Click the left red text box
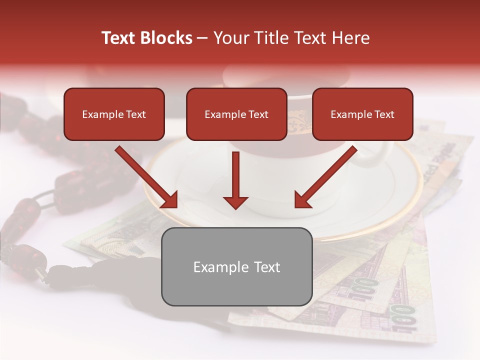click(114, 114)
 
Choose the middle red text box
click(236, 114)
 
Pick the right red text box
click(362, 114)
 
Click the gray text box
click(237, 267)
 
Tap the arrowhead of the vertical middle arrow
click(235, 202)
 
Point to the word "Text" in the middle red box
click(258, 114)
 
